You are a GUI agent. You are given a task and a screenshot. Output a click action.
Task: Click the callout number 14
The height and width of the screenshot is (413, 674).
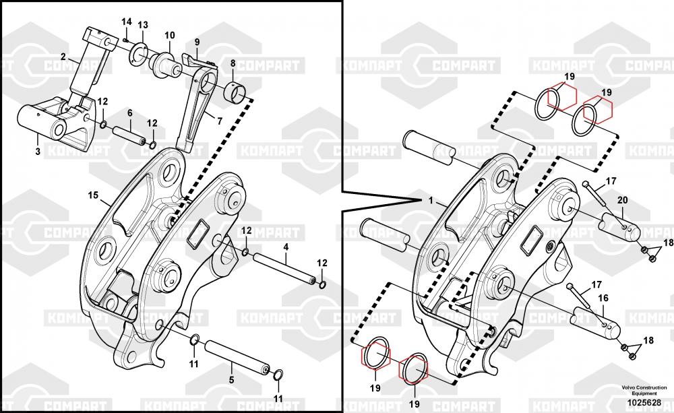click(x=127, y=22)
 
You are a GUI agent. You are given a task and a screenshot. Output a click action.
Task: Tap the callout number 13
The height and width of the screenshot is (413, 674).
click(x=143, y=25)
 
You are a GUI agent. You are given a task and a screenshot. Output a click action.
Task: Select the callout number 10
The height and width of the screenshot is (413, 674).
click(x=170, y=35)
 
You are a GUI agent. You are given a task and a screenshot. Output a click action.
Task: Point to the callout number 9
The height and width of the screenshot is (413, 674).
click(x=197, y=42)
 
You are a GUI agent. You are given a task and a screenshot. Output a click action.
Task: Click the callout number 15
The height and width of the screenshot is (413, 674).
click(x=93, y=195)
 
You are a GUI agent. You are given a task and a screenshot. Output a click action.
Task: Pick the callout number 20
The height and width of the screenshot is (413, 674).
click(x=622, y=200)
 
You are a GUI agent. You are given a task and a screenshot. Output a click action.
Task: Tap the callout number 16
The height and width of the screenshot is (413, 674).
click(x=603, y=298)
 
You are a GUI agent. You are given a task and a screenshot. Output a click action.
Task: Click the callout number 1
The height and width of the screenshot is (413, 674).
click(x=431, y=201)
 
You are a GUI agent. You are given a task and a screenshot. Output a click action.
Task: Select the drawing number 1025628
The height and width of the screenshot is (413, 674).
click(x=644, y=403)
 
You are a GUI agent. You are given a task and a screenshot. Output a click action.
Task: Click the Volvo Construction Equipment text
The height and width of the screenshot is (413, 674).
click(x=644, y=390)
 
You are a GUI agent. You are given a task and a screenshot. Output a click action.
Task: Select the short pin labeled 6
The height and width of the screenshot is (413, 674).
click(x=129, y=135)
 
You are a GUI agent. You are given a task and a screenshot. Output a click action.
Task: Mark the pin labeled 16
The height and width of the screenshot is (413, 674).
click(x=595, y=322)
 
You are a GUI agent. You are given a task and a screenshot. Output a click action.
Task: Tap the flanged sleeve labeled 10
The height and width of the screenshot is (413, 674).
click(x=165, y=65)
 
